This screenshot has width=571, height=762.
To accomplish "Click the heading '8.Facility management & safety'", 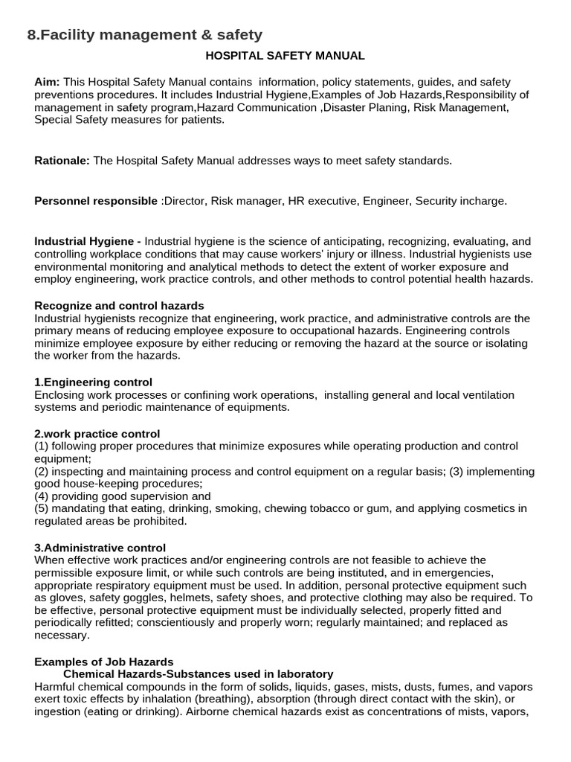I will point(144,34).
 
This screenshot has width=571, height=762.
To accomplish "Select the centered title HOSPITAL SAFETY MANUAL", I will point(285,56).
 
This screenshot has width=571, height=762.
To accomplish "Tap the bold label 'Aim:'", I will point(47,82).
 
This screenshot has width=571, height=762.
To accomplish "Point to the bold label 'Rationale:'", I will point(62,161).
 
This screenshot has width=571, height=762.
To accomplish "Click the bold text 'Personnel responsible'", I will point(96,201).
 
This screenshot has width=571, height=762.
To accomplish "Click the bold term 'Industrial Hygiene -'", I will point(88,241).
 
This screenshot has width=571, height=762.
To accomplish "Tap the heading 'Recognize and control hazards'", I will point(119,306).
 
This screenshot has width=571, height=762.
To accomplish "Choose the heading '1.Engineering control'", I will point(93,382).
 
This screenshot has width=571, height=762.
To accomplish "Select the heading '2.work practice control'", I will point(97,434).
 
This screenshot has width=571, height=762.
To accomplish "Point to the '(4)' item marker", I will point(42,496).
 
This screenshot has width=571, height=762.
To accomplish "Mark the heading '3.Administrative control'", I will point(100,548).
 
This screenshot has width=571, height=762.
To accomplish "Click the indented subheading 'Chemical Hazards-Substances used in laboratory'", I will point(198,674).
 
